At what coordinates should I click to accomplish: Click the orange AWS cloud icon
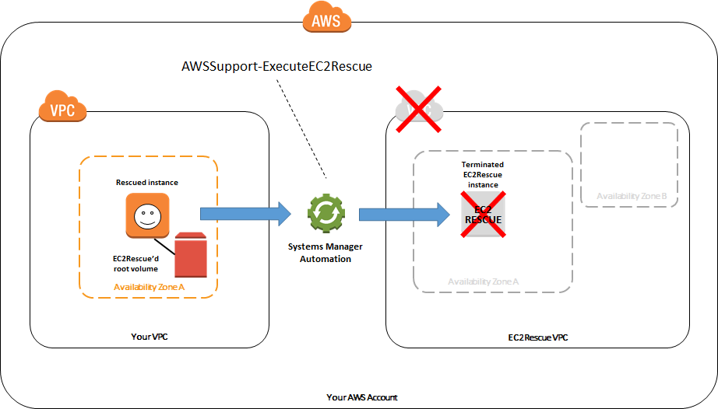326,21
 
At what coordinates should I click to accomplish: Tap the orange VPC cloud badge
62,110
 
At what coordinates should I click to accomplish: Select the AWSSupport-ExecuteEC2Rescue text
276,67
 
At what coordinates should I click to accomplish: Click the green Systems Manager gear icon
325,214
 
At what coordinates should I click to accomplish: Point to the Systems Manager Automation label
326,253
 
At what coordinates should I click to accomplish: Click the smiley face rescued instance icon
146,216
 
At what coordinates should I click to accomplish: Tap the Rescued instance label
147,183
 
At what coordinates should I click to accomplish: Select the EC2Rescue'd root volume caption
137,264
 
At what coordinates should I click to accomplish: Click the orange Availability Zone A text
149,287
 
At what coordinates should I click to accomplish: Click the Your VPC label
150,337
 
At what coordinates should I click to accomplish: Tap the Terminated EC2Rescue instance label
483,175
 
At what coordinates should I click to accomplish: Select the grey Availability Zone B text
632,195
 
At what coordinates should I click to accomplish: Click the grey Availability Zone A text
483,281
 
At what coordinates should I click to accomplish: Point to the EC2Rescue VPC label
538,337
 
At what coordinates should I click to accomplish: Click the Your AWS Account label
361,397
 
